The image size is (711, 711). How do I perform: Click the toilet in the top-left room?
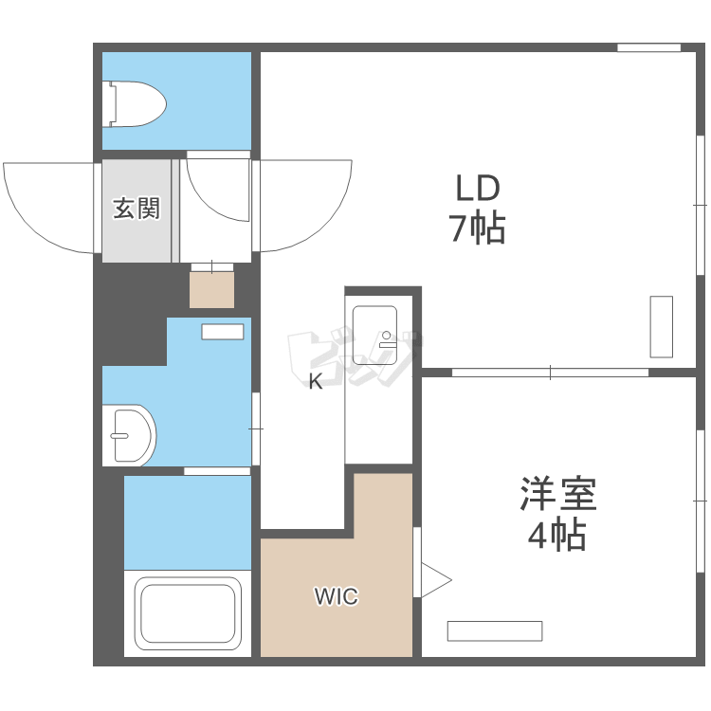(x=134, y=104)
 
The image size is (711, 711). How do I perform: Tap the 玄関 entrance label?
(x=137, y=209)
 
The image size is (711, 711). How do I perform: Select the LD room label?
(x=478, y=189)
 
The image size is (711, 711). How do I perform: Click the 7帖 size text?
(x=477, y=228)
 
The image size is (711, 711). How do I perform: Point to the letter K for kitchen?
(x=316, y=381)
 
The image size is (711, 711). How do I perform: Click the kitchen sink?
(x=375, y=335)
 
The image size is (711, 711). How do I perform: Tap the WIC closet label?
(x=337, y=596)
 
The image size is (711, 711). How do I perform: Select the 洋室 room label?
(x=557, y=493)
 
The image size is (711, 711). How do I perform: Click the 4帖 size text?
(x=556, y=535)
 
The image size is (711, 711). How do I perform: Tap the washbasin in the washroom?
(x=130, y=435)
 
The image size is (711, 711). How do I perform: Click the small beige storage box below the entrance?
(x=211, y=290)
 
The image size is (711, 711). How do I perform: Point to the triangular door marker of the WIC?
(x=435, y=580)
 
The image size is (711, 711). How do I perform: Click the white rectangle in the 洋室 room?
(x=495, y=631)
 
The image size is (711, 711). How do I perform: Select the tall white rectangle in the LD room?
(x=661, y=327)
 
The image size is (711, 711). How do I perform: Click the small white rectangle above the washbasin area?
(x=223, y=332)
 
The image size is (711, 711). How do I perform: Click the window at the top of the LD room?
(x=648, y=47)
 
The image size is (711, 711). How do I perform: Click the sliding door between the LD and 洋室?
(x=550, y=373)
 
